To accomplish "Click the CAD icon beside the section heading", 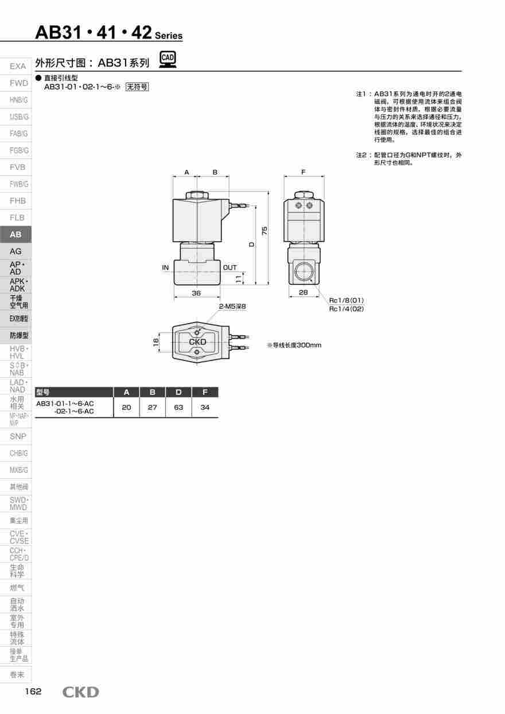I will click(x=168, y=60).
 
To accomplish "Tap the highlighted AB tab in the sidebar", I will click(x=15, y=234).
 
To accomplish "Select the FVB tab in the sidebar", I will click(x=17, y=167).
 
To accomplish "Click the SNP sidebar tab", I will click(x=18, y=436).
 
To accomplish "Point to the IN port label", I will click(x=165, y=267).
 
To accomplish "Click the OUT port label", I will click(x=230, y=267).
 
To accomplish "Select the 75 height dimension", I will click(x=265, y=231).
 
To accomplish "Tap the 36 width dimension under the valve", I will click(x=196, y=293).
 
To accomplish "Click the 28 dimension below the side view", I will click(x=304, y=293).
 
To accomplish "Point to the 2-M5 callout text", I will click(x=232, y=306).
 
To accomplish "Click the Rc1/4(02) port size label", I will click(x=346, y=309).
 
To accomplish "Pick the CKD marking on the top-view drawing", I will click(x=197, y=342).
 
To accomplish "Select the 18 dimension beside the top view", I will click(x=156, y=342).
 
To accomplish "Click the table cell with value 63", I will click(x=178, y=408).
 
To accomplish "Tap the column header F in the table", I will click(x=205, y=393).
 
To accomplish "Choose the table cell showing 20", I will click(x=127, y=408).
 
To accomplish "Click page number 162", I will click(x=33, y=691).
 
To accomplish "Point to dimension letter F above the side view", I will click(x=304, y=172).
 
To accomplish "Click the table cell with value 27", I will click(x=153, y=408).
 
